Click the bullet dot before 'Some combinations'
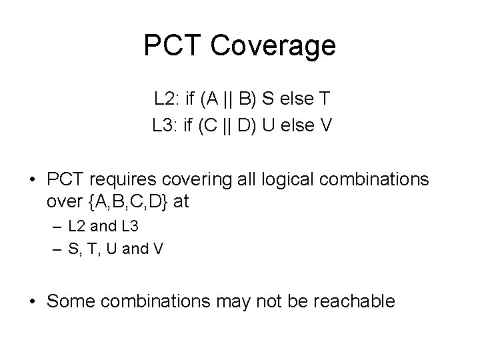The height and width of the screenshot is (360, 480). [x=32, y=301]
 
